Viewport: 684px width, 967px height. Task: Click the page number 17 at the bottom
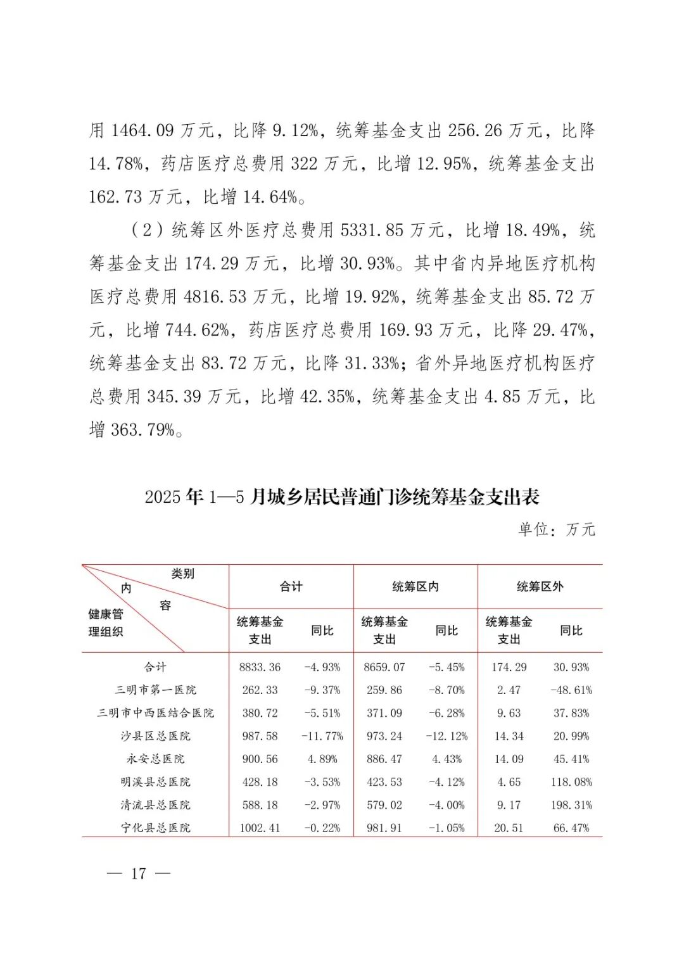(x=139, y=874)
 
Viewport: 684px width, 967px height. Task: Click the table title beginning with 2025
(x=342, y=497)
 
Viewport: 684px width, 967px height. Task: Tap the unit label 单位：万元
(x=557, y=529)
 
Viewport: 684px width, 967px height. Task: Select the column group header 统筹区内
(x=415, y=586)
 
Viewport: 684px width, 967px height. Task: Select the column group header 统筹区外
(x=540, y=586)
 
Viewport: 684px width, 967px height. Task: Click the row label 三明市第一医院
(x=156, y=690)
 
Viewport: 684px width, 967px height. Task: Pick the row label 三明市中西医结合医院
(x=156, y=713)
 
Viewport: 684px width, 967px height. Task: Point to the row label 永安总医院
(x=156, y=759)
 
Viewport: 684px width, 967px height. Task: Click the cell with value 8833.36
(x=260, y=667)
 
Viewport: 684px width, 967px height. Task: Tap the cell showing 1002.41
(x=260, y=828)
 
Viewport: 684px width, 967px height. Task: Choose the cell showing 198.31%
(x=571, y=805)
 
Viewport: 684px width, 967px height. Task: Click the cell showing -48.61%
(x=571, y=690)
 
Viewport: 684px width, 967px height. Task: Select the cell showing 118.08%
(x=571, y=782)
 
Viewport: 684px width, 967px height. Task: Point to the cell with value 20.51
(x=509, y=828)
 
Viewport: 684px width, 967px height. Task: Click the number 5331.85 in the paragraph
(x=372, y=230)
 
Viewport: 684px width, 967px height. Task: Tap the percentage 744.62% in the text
(x=197, y=330)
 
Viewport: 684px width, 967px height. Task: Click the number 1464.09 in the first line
(x=142, y=130)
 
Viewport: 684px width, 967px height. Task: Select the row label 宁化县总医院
(x=156, y=828)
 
